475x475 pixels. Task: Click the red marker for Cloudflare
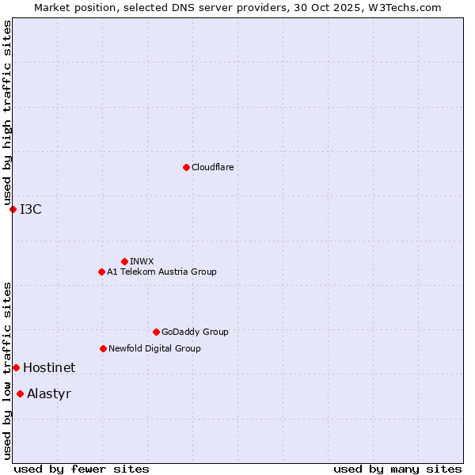(x=186, y=167)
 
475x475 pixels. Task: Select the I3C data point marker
(x=13, y=209)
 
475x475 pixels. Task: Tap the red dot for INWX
(x=124, y=261)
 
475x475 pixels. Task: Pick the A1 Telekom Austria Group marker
(x=101, y=272)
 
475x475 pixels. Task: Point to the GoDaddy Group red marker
(x=156, y=332)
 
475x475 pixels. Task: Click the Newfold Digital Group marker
(x=103, y=348)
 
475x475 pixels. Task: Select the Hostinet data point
(x=16, y=367)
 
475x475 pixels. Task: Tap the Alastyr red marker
(x=20, y=393)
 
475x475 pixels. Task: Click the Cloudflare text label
(x=212, y=167)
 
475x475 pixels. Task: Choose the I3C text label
(x=31, y=209)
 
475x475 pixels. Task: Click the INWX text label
(x=142, y=261)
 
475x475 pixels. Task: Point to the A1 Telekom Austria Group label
(x=161, y=272)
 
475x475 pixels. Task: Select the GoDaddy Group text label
(x=195, y=332)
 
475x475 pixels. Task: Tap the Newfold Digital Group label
(x=154, y=348)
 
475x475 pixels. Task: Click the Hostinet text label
(x=49, y=367)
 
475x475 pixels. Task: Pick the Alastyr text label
(x=49, y=393)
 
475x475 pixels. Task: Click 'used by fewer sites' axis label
(x=82, y=469)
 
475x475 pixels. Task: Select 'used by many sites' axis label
(x=397, y=469)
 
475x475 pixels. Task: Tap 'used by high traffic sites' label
(x=7, y=113)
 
